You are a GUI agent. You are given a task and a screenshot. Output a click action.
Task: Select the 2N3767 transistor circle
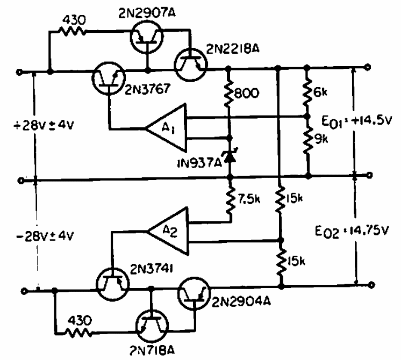point(110,79)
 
